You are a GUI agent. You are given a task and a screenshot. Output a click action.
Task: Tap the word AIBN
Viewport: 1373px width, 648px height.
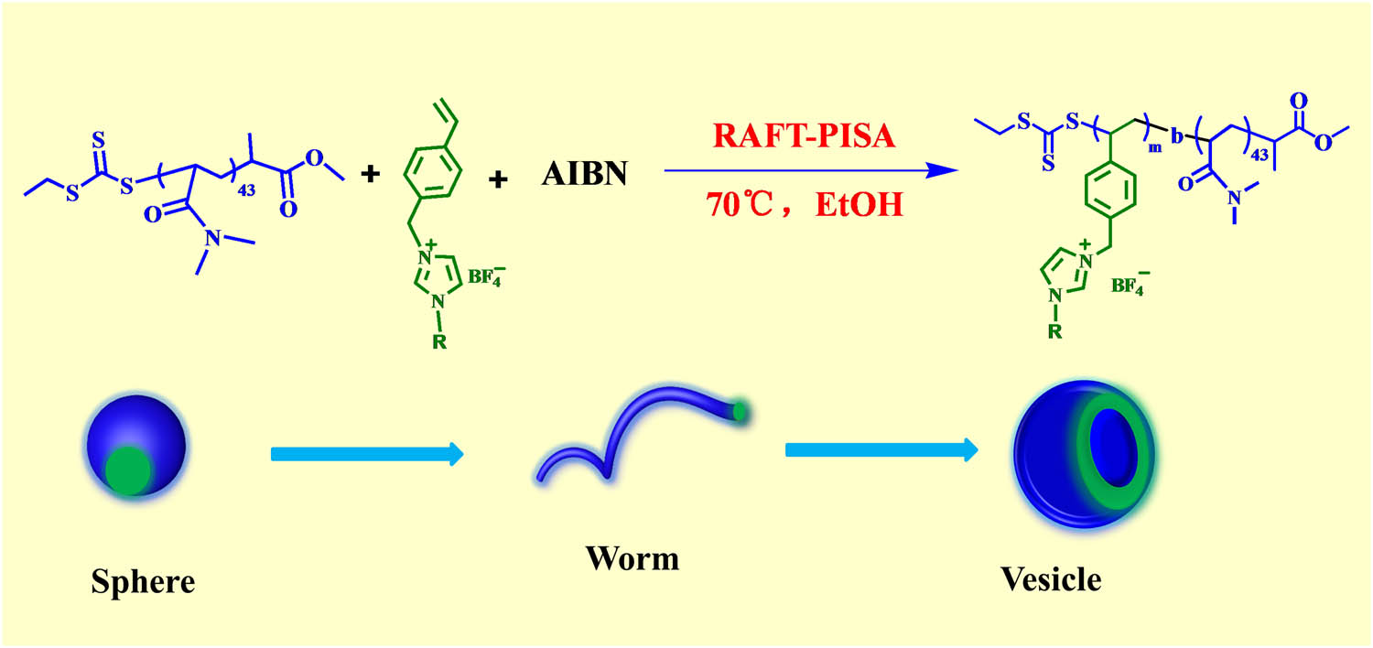point(586,171)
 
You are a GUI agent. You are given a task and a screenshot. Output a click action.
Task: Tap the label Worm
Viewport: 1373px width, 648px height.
point(633,556)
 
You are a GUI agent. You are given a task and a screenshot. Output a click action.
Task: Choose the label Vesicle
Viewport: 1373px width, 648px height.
point(1051,578)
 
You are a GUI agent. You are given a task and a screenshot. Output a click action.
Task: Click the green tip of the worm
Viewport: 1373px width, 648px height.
point(740,413)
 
